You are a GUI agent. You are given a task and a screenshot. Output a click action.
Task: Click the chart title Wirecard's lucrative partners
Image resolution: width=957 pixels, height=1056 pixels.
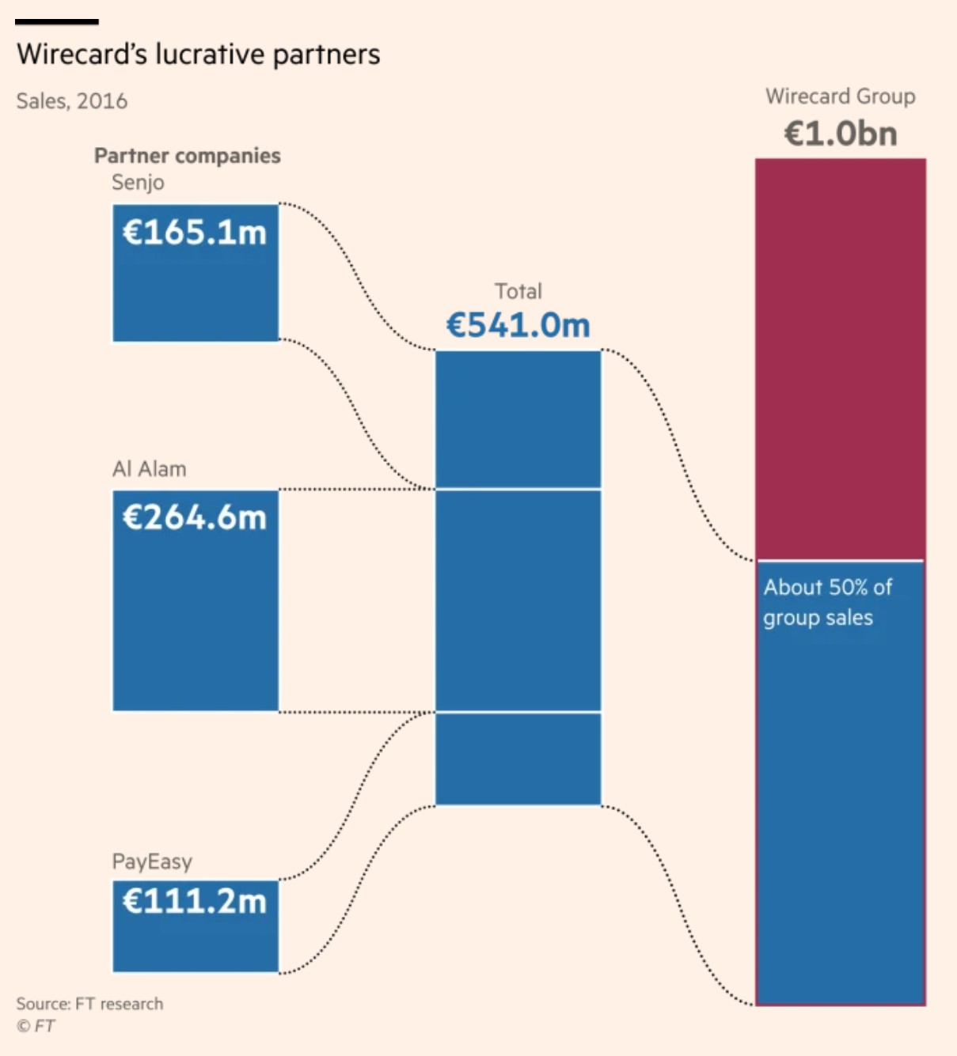pyautogui.click(x=198, y=55)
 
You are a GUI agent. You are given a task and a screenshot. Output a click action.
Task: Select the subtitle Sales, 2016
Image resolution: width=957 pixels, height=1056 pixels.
pyautogui.click(x=71, y=101)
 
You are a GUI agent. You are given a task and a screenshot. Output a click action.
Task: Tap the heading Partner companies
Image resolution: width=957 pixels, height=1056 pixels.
pyautogui.click(x=187, y=155)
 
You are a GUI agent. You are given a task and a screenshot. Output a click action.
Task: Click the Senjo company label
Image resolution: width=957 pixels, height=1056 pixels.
pyautogui.click(x=138, y=183)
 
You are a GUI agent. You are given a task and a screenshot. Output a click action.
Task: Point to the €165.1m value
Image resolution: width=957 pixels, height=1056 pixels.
pyautogui.click(x=195, y=233)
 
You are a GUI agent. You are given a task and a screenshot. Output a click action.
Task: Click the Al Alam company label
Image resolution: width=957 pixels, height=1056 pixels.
pyautogui.click(x=149, y=469)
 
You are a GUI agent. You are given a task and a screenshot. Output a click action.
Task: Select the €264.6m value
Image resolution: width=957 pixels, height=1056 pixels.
pyautogui.click(x=195, y=517)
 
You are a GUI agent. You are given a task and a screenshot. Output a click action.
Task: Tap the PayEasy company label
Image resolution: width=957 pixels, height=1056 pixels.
pyautogui.click(x=152, y=861)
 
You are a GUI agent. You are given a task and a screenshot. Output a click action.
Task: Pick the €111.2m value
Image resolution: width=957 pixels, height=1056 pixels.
pyautogui.click(x=195, y=901)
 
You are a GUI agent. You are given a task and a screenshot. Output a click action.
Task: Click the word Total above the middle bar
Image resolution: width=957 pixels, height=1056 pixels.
pyautogui.click(x=518, y=291)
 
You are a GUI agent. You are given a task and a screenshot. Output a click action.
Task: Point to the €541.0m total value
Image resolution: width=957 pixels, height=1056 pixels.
pyautogui.click(x=518, y=325)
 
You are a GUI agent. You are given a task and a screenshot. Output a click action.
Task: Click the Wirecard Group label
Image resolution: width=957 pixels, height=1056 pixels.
pyautogui.click(x=840, y=97)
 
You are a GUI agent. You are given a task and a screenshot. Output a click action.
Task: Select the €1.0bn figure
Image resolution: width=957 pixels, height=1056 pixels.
pyautogui.click(x=840, y=133)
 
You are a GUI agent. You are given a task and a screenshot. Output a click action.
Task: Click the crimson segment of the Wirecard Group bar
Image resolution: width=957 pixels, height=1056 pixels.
pyautogui.click(x=840, y=356)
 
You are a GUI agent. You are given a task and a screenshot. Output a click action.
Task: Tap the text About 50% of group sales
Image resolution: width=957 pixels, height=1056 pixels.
pyautogui.click(x=826, y=602)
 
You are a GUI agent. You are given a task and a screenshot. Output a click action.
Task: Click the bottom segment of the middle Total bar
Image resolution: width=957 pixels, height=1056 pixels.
pyautogui.click(x=518, y=759)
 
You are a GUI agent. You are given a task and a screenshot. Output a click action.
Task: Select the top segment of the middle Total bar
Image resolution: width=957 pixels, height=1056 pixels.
pyautogui.click(x=518, y=419)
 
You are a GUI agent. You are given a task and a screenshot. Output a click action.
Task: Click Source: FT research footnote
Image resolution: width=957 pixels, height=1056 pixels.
pyautogui.click(x=89, y=1004)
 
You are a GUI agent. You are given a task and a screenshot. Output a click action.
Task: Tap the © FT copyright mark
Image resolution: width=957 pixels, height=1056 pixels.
pyautogui.click(x=36, y=1026)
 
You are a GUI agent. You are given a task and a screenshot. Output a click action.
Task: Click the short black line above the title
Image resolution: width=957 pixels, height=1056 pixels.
pyautogui.click(x=56, y=21)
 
